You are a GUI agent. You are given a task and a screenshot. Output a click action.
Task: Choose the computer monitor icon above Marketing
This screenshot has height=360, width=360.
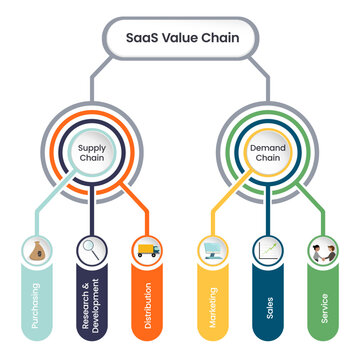pyautogui.click(x=213, y=250)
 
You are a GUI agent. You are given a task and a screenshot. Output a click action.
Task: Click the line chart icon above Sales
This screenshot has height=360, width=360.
pyautogui.click(x=267, y=250)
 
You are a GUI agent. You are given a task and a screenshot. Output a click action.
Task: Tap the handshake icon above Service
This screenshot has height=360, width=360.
pyautogui.click(x=320, y=250)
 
